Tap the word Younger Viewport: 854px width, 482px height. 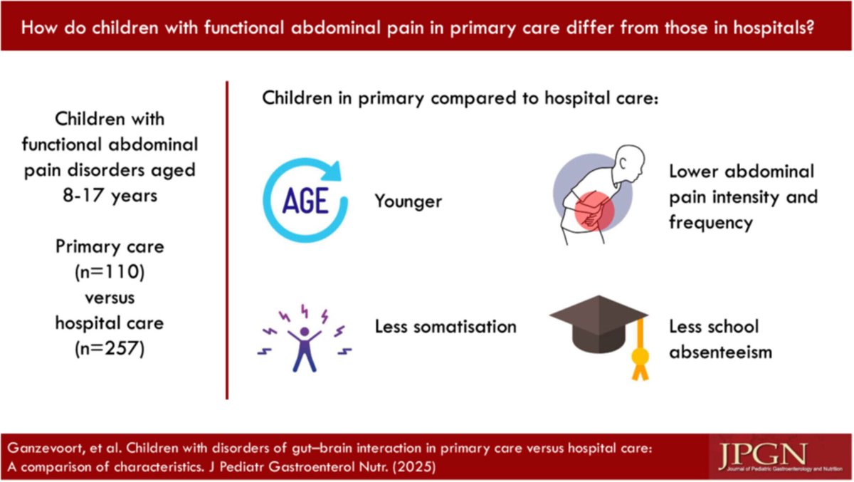[x=408, y=201]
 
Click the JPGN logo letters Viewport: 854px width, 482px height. [x=761, y=454]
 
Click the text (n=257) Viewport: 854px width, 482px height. [x=110, y=349]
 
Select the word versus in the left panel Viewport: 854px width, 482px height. [x=110, y=297]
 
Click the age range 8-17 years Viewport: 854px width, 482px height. [x=110, y=195]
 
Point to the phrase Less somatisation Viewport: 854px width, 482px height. [x=446, y=327]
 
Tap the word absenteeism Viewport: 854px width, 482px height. [x=720, y=352]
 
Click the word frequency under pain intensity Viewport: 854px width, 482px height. [x=710, y=221]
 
